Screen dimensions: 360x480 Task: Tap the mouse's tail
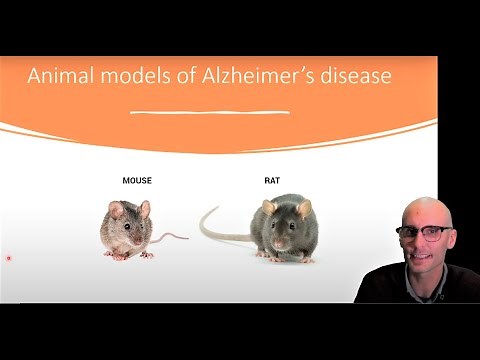tap(170, 238)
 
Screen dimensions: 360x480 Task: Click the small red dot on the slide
tap(9, 258)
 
